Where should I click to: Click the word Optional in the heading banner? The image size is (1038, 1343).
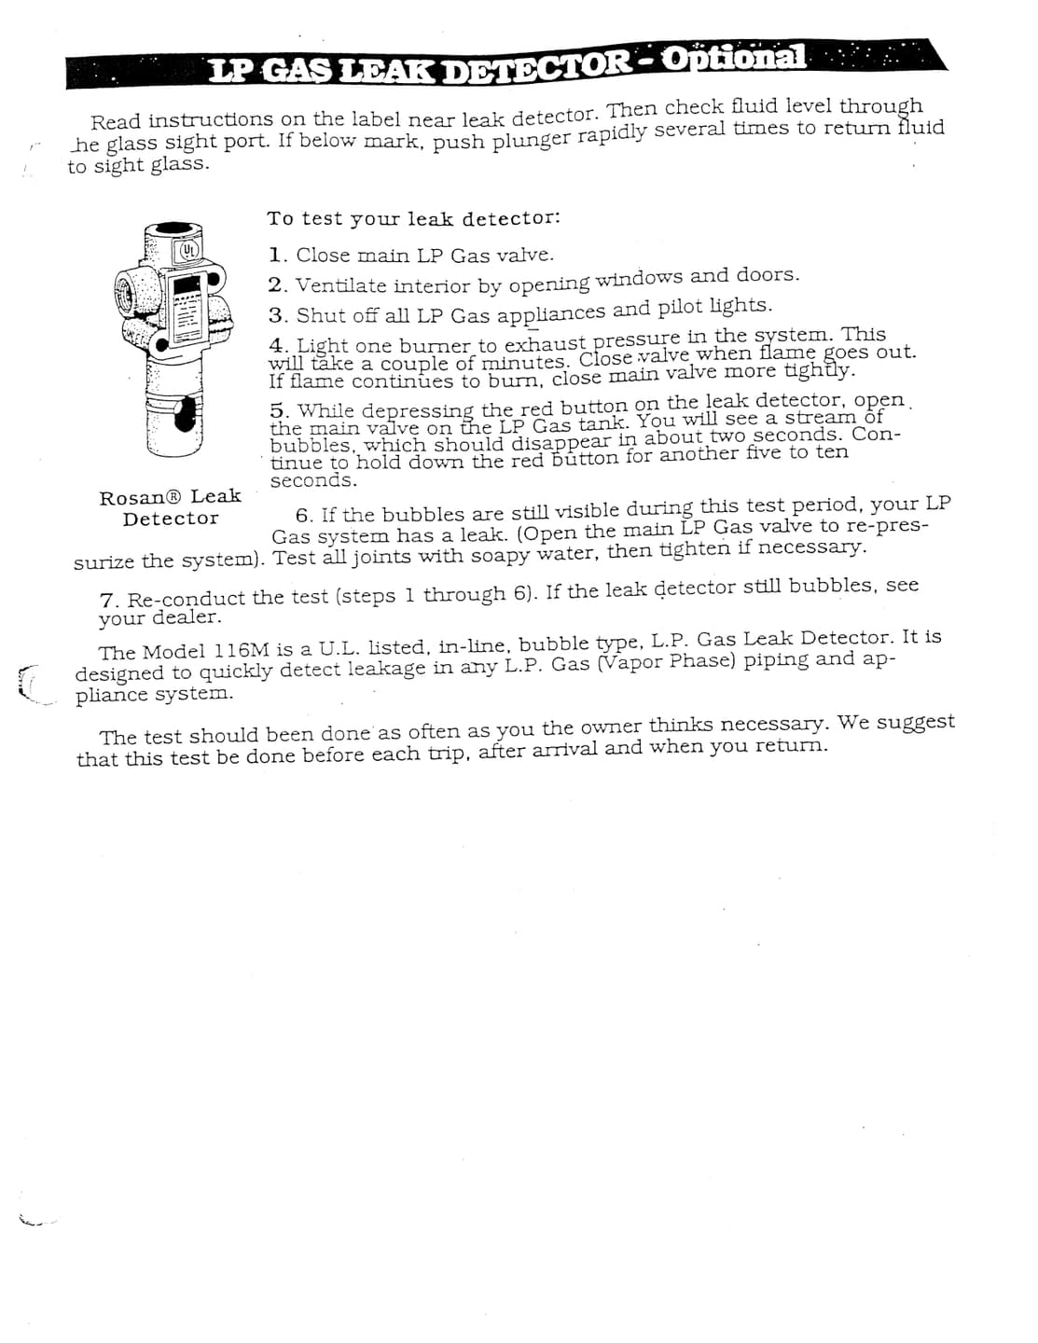pyautogui.click(x=735, y=58)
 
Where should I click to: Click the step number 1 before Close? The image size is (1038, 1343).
pyautogui.click(x=276, y=256)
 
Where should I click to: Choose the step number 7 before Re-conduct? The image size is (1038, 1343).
pyautogui.click(x=107, y=599)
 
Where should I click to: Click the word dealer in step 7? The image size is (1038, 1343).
pyautogui.click(x=186, y=617)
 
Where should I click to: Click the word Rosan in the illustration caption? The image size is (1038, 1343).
pyautogui.click(x=131, y=498)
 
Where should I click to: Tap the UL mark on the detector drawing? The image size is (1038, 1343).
pyautogui.click(x=188, y=250)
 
